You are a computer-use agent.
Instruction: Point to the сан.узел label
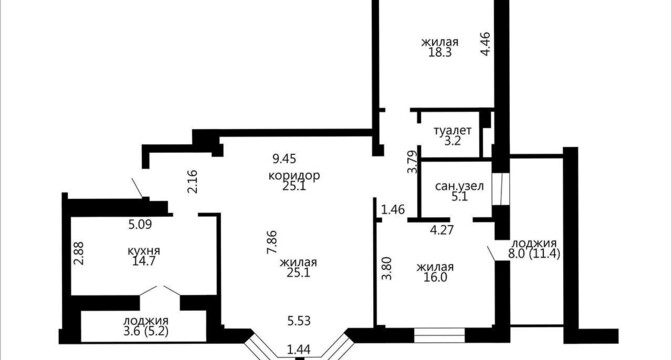[459, 186]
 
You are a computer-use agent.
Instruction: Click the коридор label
[294, 176]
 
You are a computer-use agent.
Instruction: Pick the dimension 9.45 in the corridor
[285, 159]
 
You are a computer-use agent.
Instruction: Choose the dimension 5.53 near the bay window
[299, 321]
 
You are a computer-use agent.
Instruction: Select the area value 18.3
[440, 52]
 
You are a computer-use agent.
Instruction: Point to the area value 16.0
[435, 277]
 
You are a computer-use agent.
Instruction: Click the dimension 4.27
[442, 230]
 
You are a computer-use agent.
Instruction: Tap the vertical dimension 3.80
[387, 268]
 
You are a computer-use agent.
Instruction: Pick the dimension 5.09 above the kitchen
[141, 224]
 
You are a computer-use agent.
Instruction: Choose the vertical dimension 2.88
[79, 253]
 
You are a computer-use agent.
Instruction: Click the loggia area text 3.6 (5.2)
[146, 330]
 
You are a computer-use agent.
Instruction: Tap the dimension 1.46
[393, 210]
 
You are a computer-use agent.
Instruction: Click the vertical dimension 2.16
[193, 182]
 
